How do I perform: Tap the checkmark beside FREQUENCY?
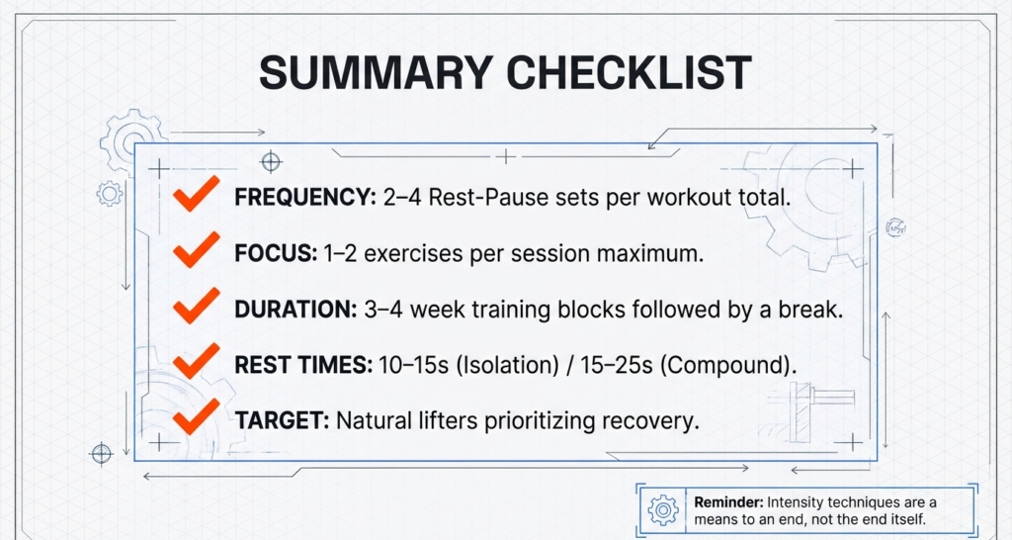(x=196, y=196)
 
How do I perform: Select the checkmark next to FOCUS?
(x=196, y=252)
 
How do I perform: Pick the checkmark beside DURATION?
(x=196, y=308)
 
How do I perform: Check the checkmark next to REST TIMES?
(x=196, y=362)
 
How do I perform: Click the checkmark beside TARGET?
(x=196, y=418)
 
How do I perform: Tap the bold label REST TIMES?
(x=302, y=364)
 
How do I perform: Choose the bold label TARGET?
(x=282, y=419)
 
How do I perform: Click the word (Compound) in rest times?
(x=726, y=364)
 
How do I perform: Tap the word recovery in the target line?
(x=654, y=419)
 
